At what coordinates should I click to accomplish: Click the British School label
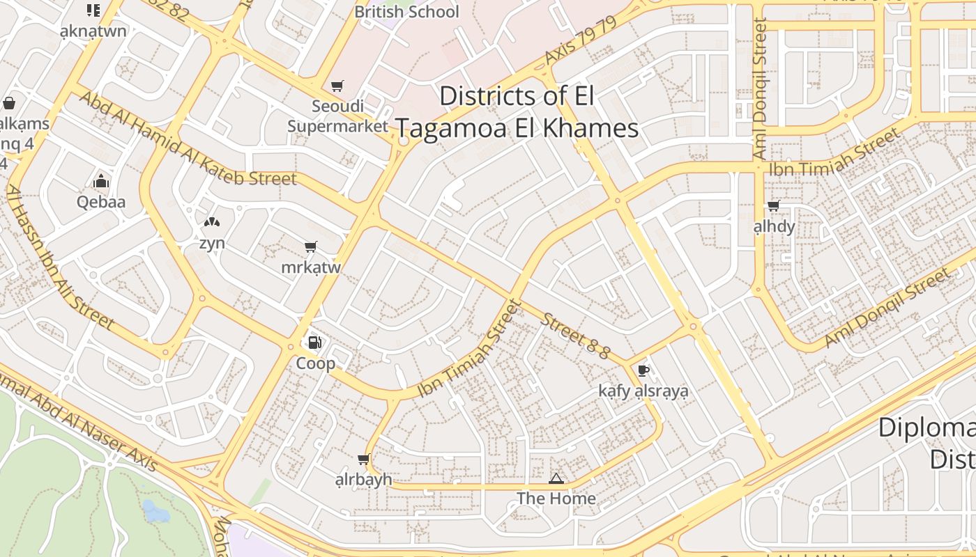[407, 12]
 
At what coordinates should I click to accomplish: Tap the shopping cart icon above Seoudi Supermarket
[337, 86]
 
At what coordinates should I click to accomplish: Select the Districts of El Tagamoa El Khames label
[517, 112]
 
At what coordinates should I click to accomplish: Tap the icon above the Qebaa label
[101, 182]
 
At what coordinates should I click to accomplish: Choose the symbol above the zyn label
[212, 223]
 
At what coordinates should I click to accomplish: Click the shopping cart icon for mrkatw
[310, 247]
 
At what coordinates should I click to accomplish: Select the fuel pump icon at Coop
[315, 342]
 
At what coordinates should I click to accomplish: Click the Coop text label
[315, 363]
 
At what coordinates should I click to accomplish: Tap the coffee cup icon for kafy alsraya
[643, 370]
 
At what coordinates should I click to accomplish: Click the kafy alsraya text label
[643, 391]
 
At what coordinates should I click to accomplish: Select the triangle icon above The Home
[556, 478]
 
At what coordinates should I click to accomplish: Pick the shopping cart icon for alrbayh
[363, 459]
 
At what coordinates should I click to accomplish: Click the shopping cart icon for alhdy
[773, 205]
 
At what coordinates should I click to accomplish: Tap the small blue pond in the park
[155, 512]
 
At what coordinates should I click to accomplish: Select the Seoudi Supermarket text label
[337, 116]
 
